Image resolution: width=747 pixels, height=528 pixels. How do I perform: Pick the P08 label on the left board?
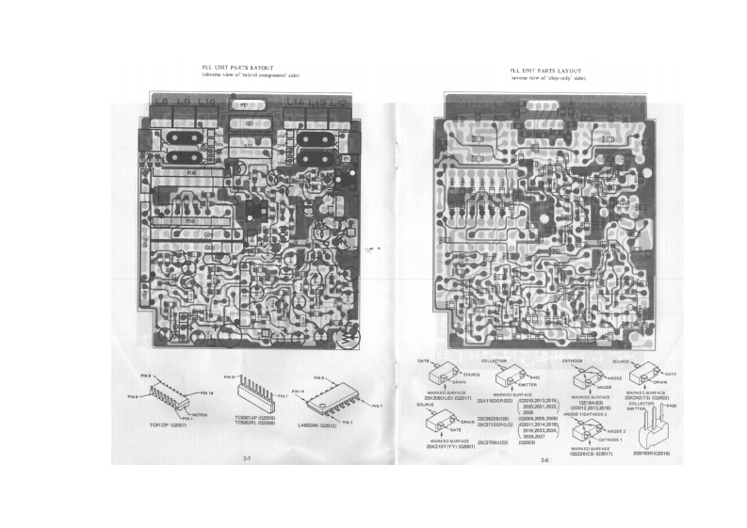point(190,173)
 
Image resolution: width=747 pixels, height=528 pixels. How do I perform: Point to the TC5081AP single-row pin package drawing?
point(252,395)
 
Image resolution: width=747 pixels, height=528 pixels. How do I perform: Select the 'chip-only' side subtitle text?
point(547,79)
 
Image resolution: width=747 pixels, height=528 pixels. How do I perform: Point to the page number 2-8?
point(544,460)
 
